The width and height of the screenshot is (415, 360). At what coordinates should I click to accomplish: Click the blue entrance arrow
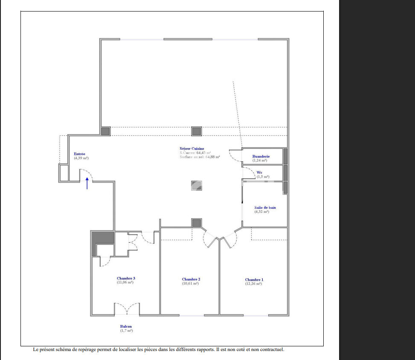tap(87, 183)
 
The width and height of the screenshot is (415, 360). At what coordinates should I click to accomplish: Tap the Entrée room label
tap(79, 154)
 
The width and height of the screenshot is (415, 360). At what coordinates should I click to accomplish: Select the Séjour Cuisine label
tap(192, 148)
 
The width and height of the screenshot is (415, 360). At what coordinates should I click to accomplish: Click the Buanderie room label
tap(261, 157)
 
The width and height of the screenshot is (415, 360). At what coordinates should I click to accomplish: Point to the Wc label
tap(259, 172)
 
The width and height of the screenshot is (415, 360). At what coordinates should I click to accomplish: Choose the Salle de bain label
tap(265, 208)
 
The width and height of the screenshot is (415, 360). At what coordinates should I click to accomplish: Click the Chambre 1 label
tap(254, 280)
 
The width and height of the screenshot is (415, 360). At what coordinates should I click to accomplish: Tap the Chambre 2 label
tap(191, 279)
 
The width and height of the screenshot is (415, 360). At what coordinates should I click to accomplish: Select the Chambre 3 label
tap(126, 278)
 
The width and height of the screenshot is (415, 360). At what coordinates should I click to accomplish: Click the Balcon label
tap(126, 326)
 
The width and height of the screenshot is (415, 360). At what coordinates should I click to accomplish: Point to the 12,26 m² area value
tap(254, 284)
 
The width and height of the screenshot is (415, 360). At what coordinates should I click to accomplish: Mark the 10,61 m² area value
tap(191, 283)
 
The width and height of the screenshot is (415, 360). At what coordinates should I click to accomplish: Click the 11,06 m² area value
tap(126, 282)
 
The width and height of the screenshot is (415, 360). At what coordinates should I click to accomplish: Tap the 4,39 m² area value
tap(81, 158)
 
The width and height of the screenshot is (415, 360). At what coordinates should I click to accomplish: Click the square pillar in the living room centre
tap(196, 186)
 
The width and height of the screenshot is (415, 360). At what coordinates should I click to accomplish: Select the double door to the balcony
tap(127, 309)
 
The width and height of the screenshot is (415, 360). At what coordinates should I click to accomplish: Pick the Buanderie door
tap(235, 156)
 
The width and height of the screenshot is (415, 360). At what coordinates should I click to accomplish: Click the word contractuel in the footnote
tap(271, 350)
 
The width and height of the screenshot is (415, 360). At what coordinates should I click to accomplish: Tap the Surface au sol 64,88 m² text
tap(200, 157)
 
